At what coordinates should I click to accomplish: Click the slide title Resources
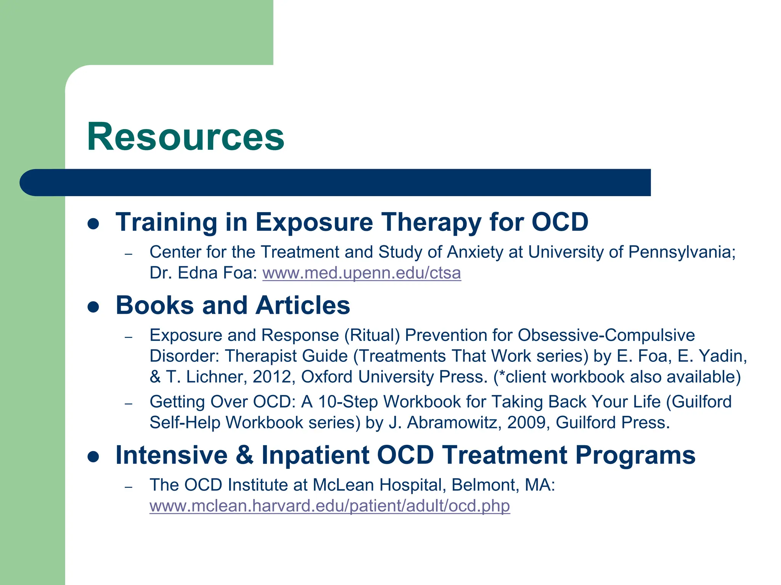pos(185,137)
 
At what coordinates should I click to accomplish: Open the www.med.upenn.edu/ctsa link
pos(362,273)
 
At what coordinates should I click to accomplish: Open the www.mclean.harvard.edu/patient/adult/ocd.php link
pos(329,506)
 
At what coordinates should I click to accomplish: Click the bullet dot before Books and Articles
pos(93,307)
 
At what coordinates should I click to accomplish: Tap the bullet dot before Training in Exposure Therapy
pos(93,223)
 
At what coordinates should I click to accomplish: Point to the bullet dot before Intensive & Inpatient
pos(93,456)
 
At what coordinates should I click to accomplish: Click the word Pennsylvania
pos(681,252)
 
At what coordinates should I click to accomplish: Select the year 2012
pos(272,377)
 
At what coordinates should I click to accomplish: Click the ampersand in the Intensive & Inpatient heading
pos(245,455)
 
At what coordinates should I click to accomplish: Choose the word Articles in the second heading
pos(302,305)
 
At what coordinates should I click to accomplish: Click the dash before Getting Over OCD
pos(129,403)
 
